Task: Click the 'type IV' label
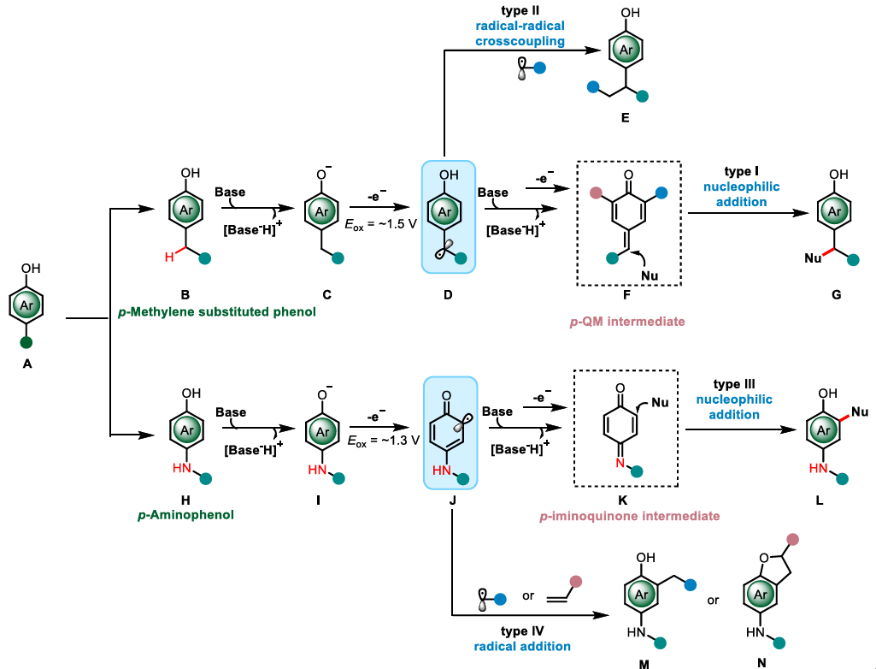coord(521,631)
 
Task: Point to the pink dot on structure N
coord(793,540)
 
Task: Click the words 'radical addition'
coord(521,647)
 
